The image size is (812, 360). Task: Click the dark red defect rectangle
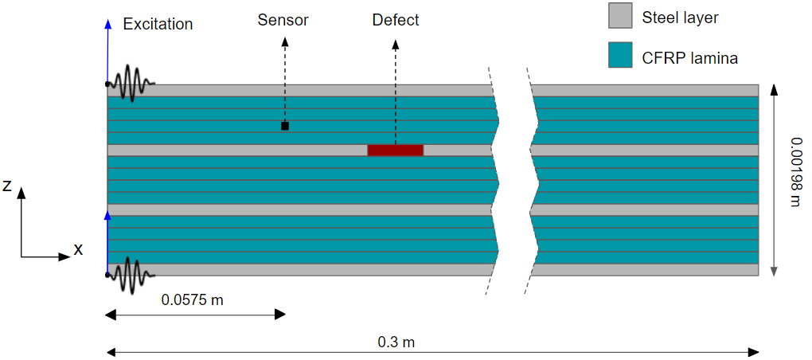[x=395, y=150]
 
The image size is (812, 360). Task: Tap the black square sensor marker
[x=285, y=126]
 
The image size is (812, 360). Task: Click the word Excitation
[x=158, y=24]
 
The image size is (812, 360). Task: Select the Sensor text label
[x=282, y=20]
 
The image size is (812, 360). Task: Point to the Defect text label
[x=396, y=20]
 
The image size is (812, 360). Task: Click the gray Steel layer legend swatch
[x=619, y=15]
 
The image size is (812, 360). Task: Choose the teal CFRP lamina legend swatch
[x=619, y=55]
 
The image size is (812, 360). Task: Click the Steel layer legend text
[x=681, y=16]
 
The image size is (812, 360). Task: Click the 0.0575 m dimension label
[x=193, y=299]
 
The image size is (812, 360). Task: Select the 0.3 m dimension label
[x=396, y=342]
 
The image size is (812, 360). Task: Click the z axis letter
[x=7, y=186]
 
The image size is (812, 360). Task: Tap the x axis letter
[x=78, y=249]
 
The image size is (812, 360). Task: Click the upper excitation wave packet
[x=131, y=83]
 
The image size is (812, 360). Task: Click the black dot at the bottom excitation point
[x=107, y=275]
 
